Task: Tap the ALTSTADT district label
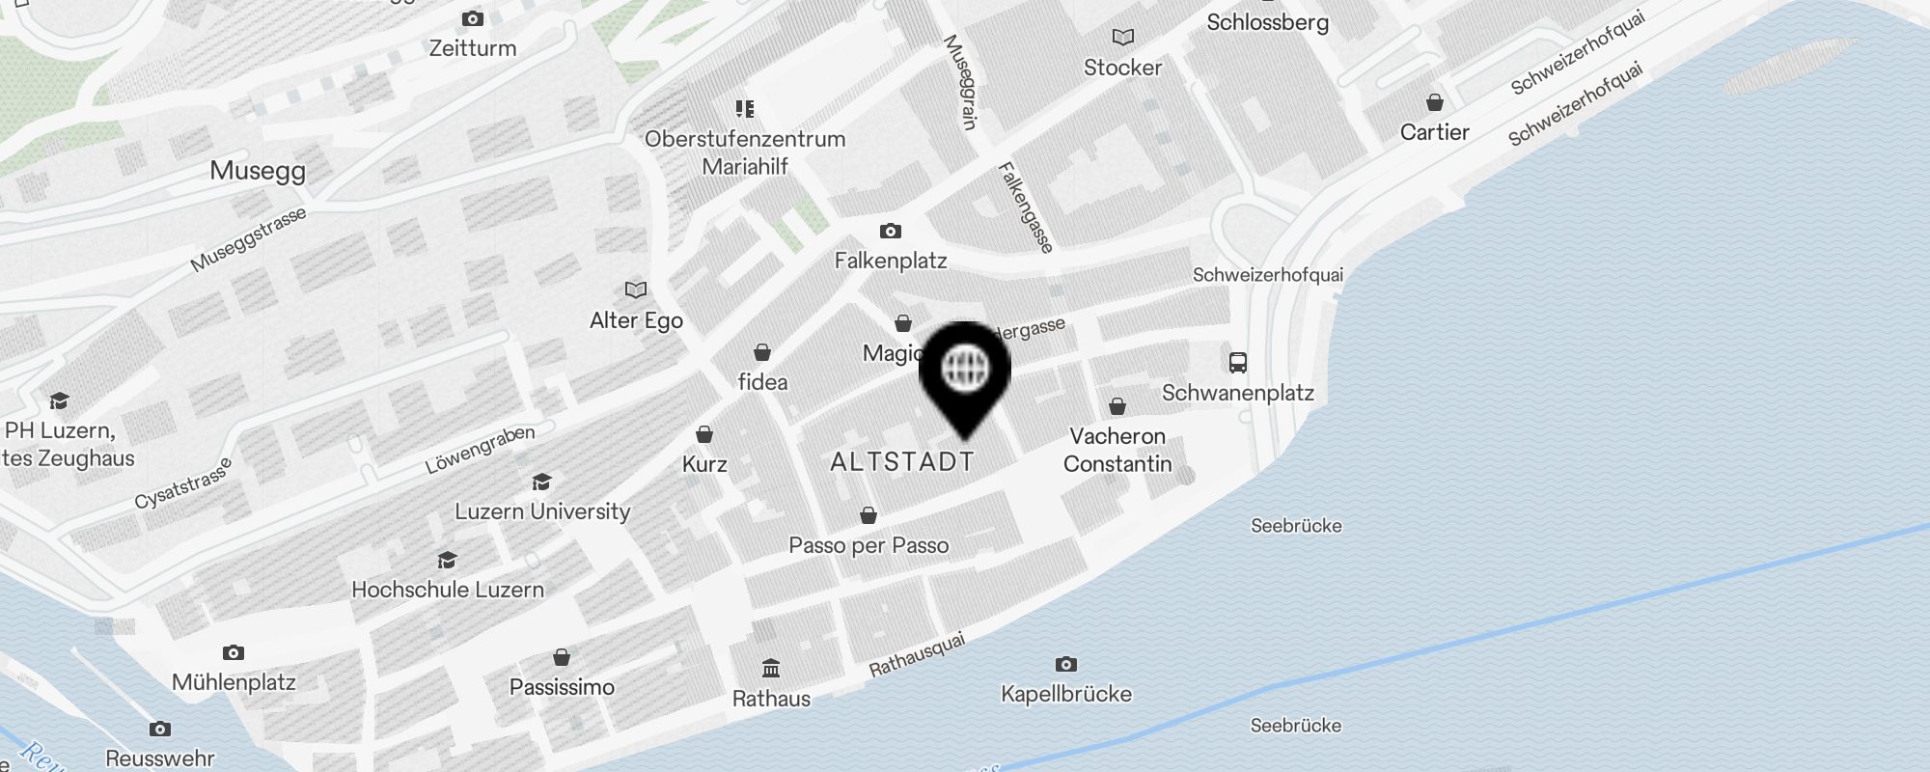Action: point(901,462)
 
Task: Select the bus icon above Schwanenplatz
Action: point(1237,363)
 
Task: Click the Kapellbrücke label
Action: point(1065,694)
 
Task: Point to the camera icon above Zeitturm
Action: point(473,18)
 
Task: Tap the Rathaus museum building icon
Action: point(771,669)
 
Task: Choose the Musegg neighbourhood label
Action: point(258,171)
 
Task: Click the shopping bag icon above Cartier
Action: point(1435,102)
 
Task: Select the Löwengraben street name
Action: point(480,450)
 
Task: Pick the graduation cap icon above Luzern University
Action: point(542,482)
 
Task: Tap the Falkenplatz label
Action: point(890,261)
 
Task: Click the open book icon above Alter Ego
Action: point(635,289)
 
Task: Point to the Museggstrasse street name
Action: point(248,239)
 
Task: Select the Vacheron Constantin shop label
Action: point(1117,450)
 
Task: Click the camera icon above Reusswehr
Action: point(160,729)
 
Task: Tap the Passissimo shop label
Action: point(562,687)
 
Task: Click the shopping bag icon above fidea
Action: point(762,351)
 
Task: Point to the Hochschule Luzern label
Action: point(448,590)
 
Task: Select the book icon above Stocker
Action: point(1122,37)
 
